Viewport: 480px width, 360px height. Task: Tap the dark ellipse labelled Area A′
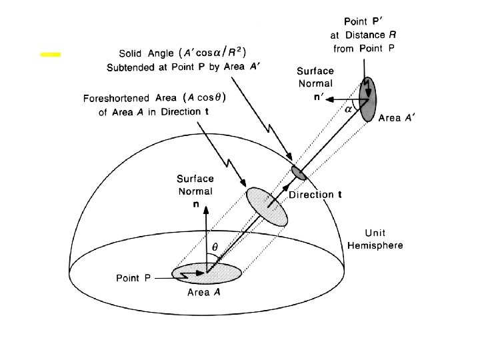(367, 99)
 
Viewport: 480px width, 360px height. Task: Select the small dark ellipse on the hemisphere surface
(299, 173)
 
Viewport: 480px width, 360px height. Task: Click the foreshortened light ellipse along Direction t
(267, 207)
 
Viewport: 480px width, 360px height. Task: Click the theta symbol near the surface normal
(215, 247)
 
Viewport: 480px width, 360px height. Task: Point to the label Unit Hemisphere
(375, 239)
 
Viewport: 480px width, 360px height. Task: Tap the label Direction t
(315, 195)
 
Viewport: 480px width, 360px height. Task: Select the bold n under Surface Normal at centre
(196, 204)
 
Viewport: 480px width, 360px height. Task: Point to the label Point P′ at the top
(364, 22)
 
